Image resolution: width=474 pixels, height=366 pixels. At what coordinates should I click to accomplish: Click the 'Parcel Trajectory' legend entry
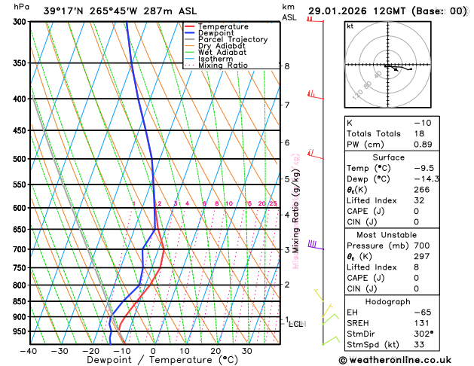click(x=232, y=39)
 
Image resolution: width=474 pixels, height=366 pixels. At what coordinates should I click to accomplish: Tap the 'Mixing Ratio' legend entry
click(x=222, y=65)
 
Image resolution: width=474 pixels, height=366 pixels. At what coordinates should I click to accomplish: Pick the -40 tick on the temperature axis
click(x=29, y=350)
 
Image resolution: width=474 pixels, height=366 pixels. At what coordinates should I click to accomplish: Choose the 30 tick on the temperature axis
click(x=246, y=350)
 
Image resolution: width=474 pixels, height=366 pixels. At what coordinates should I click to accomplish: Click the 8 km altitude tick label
click(x=286, y=66)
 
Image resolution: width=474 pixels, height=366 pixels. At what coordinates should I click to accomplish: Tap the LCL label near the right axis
click(x=295, y=324)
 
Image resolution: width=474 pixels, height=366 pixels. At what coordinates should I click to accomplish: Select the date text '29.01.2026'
click(x=339, y=11)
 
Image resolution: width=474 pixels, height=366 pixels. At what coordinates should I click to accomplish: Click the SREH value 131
click(x=422, y=322)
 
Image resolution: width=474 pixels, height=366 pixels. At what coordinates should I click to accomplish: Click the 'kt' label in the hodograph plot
click(x=350, y=26)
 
